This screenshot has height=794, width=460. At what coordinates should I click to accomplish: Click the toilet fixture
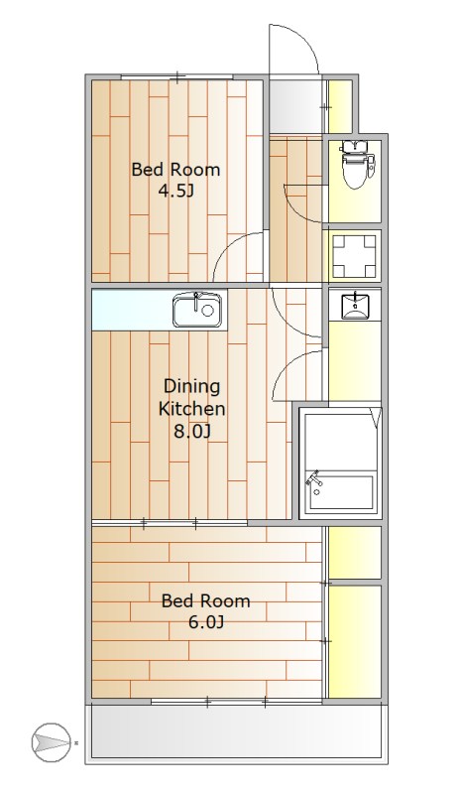point(357,163)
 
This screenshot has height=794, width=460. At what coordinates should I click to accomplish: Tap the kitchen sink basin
point(197,310)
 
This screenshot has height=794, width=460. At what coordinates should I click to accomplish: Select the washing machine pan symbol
point(354,256)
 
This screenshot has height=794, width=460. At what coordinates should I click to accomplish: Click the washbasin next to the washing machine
point(355,306)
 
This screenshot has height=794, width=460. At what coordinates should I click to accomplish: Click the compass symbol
point(51,742)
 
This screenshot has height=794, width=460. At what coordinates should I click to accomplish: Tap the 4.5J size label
point(176,191)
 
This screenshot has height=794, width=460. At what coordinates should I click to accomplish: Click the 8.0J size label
point(191,431)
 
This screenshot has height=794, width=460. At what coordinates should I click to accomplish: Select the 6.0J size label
point(206,621)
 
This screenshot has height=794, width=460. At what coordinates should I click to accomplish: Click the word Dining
point(191,387)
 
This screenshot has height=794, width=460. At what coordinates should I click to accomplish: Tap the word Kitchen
point(191,408)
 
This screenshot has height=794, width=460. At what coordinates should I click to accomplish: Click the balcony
point(236,730)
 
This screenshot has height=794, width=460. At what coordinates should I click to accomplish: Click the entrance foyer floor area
point(295,106)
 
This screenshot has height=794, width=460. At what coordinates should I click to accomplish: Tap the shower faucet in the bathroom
point(315,480)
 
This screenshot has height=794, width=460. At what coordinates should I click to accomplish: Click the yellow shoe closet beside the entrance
point(340,106)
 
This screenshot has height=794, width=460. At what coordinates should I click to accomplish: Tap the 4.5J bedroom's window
point(177,77)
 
